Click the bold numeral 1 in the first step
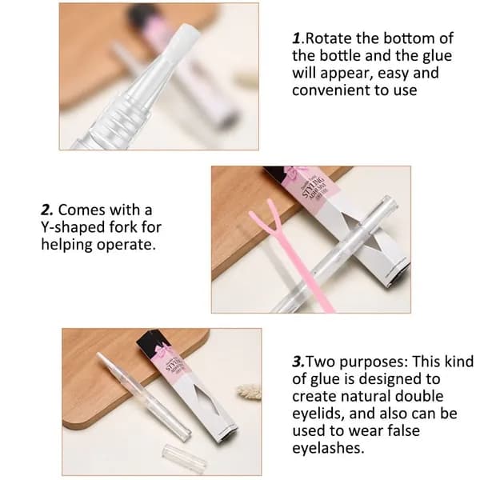[297, 38]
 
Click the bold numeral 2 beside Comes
[47, 210]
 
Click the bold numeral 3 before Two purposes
[298, 362]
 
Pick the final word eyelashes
[328, 449]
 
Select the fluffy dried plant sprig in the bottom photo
[249, 393]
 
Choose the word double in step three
[419, 397]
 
